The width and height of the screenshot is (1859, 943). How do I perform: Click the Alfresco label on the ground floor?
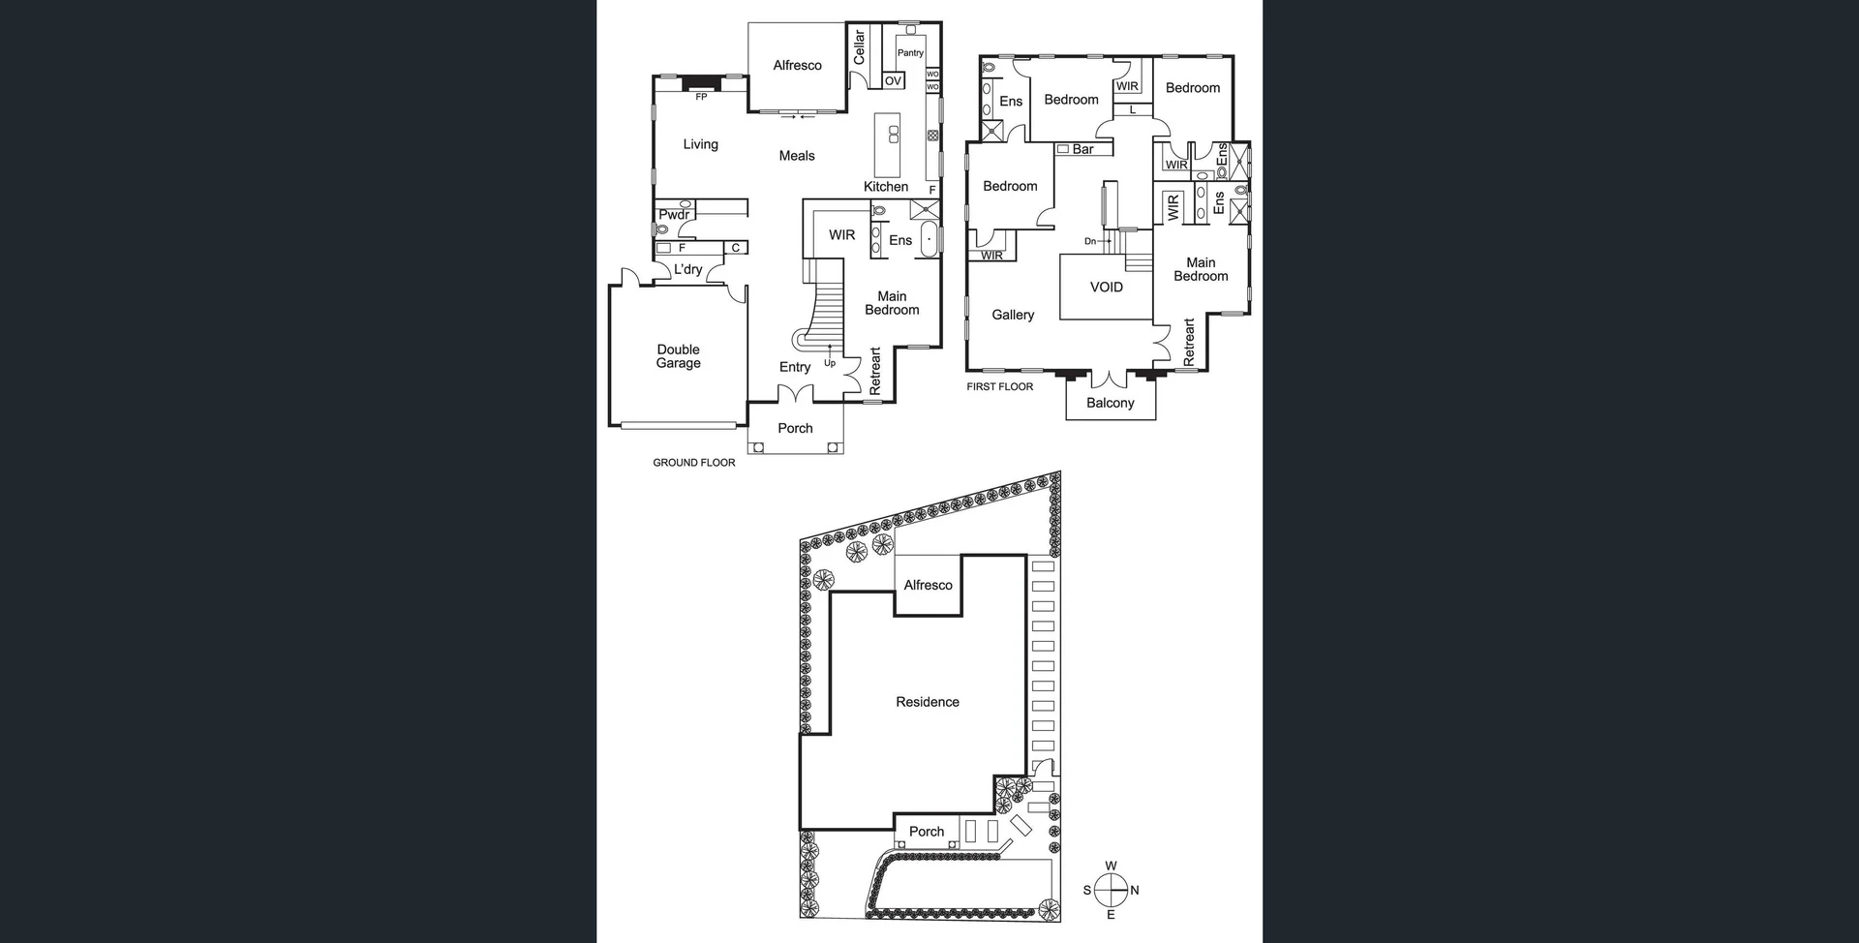coord(797,66)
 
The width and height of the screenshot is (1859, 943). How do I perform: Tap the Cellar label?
coord(859,46)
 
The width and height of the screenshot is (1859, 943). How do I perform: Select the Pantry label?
coord(910,53)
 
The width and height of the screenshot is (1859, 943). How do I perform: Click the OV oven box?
coord(894,81)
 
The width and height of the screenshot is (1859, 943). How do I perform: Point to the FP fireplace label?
coord(701,97)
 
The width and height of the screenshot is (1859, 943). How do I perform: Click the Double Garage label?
coord(678,356)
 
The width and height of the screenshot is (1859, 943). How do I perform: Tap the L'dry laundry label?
coord(687,269)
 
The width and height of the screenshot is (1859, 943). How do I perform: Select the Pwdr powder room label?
coord(674,215)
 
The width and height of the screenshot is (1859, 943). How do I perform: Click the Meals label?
coord(797,156)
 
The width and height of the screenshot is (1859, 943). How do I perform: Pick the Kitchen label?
coord(886,187)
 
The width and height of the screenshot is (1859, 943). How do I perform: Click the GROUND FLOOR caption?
coord(693,463)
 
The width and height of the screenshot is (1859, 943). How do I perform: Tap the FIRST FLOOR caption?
coord(999,386)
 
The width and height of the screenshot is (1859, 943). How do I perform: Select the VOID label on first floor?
coord(1106,288)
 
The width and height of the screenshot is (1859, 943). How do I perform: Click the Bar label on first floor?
coord(1082,149)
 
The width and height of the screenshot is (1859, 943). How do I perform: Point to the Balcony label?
coord(1110,403)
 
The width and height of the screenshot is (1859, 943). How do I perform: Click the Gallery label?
coord(1013,315)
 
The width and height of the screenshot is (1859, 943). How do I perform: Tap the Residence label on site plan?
coord(927,702)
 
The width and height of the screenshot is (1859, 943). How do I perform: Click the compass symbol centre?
coord(1111,890)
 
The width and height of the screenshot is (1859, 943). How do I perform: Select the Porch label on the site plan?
coord(926,832)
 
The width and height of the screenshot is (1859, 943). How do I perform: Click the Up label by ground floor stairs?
coord(830,363)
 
